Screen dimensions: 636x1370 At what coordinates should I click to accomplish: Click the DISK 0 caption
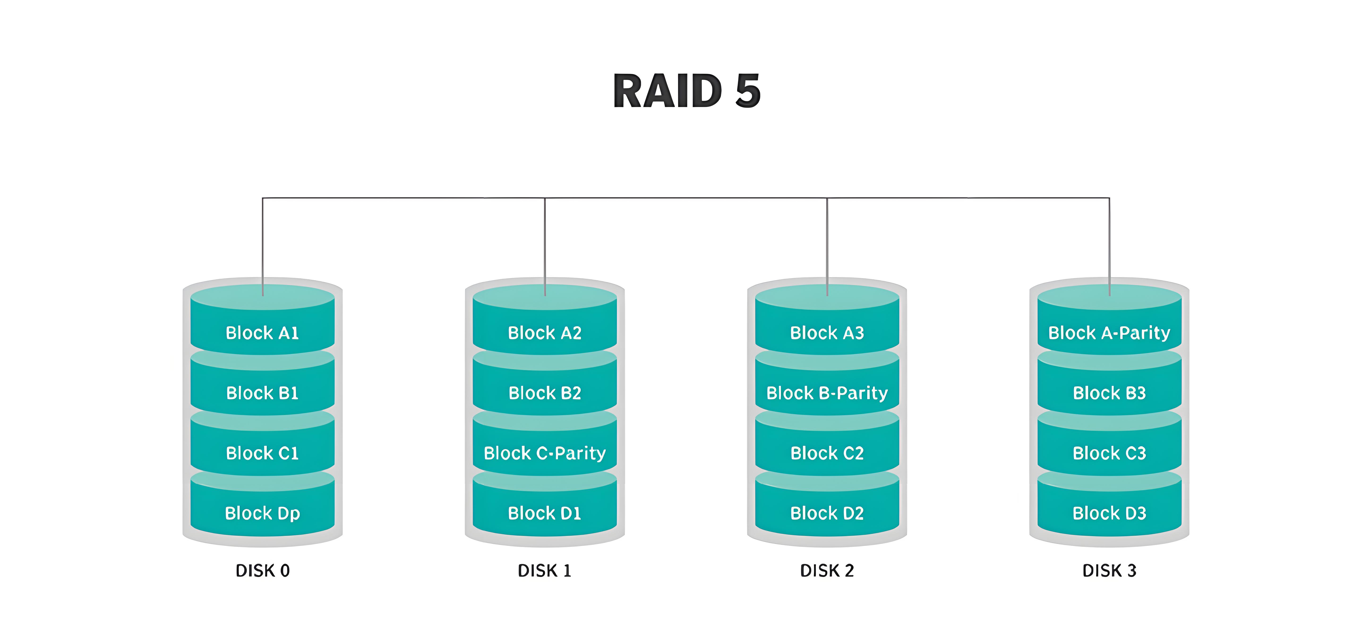(262, 571)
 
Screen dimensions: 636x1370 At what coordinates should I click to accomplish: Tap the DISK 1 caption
(545, 571)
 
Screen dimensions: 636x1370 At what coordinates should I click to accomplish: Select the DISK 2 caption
(827, 571)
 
